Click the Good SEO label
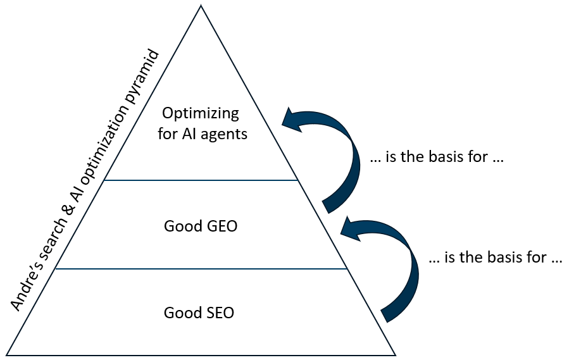[199, 313]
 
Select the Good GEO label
[201, 225]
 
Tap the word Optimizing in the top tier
[201, 114]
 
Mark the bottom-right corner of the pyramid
[395, 354]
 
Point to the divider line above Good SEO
[201, 269]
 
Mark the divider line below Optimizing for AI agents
[201, 180]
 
